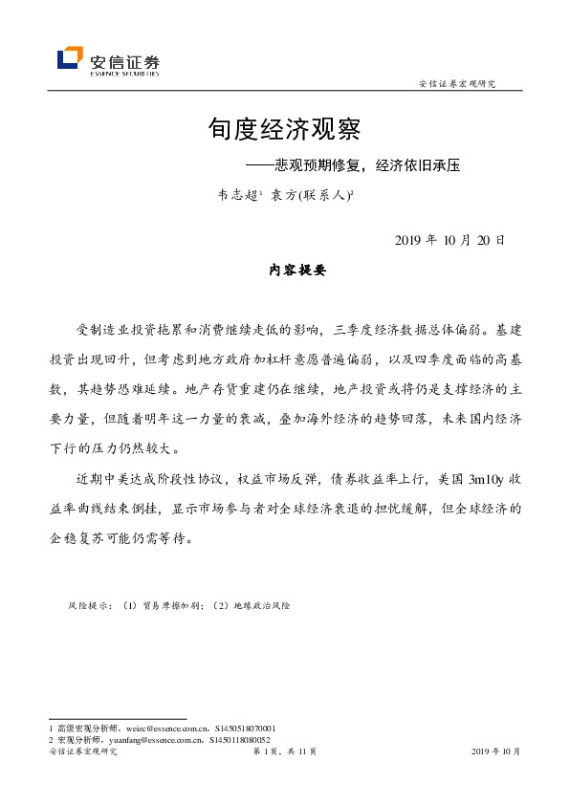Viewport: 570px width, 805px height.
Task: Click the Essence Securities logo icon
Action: coord(70,58)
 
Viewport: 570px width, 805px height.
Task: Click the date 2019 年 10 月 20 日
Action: coord(449,240)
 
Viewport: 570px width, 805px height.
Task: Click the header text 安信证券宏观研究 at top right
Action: coord(457,84)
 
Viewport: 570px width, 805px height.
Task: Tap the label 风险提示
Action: coord(90,606)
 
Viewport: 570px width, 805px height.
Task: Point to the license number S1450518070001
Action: coord(243,729)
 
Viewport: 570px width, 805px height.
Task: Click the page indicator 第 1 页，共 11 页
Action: coord(285,752)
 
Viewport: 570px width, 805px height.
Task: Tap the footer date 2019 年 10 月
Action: coord(496,752)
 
